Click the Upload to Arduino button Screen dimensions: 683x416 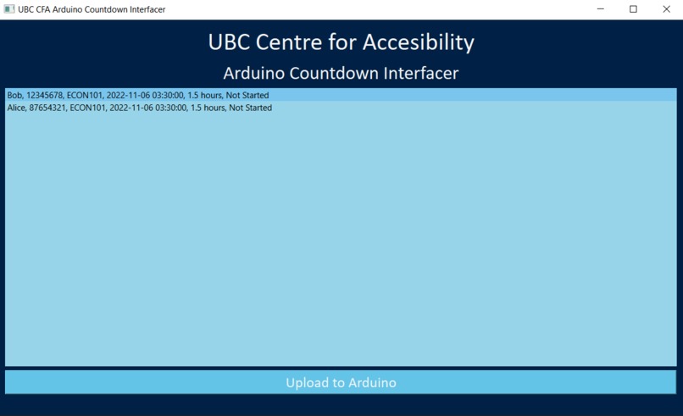pos(341,382)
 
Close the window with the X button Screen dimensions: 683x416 pos(666,9)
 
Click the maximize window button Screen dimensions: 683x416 pos(633,9)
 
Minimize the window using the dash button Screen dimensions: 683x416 pos(601,8)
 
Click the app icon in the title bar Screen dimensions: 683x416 pos(9,9)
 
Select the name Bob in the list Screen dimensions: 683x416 pos(14,95)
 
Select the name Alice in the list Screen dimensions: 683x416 pos(16,108)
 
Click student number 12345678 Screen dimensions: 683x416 pos(44,95)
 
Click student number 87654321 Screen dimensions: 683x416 pos(47,108)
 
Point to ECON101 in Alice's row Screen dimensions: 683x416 pos(87,108)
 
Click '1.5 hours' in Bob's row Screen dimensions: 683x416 pos(205,95)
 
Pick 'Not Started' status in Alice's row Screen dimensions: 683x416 pos(251,108)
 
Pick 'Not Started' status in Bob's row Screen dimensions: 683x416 pos(247,95)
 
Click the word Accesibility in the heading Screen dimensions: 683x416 pos(418,42)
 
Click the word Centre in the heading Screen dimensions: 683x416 pos(289,42)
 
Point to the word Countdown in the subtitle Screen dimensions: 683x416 pos(334,73)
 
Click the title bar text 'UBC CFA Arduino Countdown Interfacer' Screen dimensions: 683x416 pos(92,9)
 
